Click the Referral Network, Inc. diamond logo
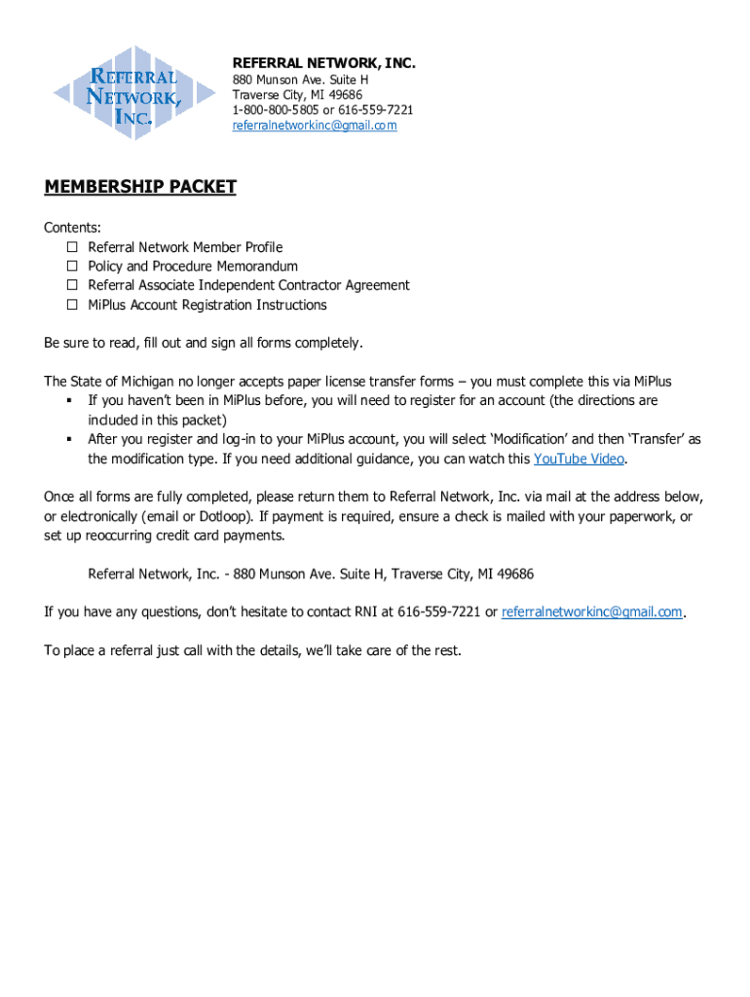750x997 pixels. coord(118,92)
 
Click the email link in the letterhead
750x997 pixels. coord(314,126)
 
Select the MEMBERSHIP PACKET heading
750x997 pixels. coord(140,187)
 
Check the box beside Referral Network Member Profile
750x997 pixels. coord(72,247)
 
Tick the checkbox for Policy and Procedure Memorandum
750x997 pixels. coord(72,267)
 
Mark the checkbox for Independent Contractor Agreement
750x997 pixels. coord(72,285)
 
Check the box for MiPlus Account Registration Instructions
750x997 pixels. coord(72,305)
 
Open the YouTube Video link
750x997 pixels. coord(580,459)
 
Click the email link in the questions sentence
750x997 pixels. coord(592,612)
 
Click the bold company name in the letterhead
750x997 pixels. coord(323,63)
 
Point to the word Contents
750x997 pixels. coord(72,228)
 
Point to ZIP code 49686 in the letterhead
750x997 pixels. coord(346,94)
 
